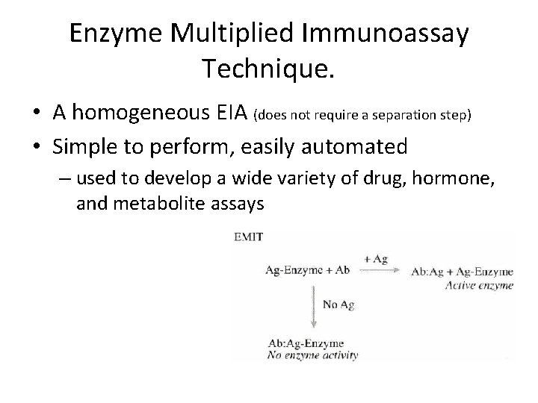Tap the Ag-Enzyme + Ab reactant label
point(308,270)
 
